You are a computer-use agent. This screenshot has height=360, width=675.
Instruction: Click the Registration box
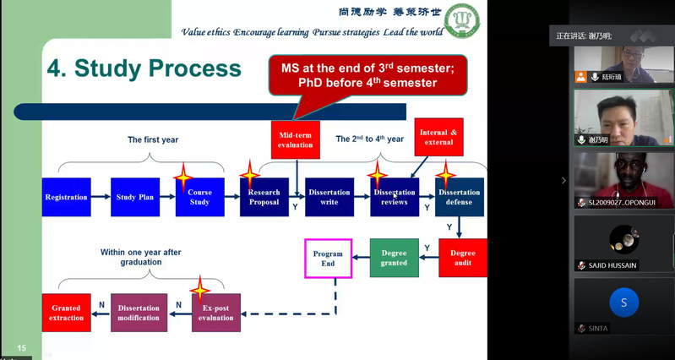click(66, 197)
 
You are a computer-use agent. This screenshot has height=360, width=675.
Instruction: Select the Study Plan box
click(135, 197)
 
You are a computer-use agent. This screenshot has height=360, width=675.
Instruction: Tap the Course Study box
click(200, 197)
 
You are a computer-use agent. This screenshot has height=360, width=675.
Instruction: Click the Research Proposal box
click(264, 197)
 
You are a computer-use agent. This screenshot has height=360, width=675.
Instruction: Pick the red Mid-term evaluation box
click(296, 139)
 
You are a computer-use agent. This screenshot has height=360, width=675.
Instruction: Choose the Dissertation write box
click(329, 197)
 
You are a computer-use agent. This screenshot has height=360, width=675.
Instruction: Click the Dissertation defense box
click(460, 197)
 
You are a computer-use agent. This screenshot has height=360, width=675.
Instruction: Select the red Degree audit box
click(462, 258)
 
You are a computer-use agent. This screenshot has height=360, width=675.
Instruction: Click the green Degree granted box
click(394, 258)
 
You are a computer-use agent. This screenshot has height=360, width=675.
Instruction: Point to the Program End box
click(328, 258)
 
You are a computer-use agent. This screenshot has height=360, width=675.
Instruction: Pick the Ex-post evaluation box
click(216, 312)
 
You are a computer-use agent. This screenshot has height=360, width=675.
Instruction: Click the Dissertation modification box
click(139, 312)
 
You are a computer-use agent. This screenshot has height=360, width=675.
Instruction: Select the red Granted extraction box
click(67, 312)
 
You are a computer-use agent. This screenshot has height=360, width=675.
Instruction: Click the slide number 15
click(22, 348)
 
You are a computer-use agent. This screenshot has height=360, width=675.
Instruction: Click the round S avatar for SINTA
click(623, 303)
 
